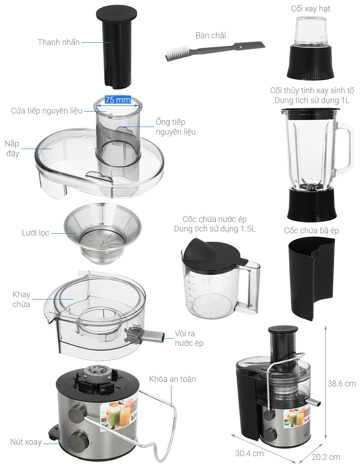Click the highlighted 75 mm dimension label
118,100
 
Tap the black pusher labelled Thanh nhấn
117,48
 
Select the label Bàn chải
211,36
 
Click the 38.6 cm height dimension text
342,384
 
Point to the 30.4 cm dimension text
249,453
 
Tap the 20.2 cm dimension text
326,457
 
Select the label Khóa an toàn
172,379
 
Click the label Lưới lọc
36,233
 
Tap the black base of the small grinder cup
310,63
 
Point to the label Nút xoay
26,442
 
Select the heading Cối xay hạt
310,9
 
